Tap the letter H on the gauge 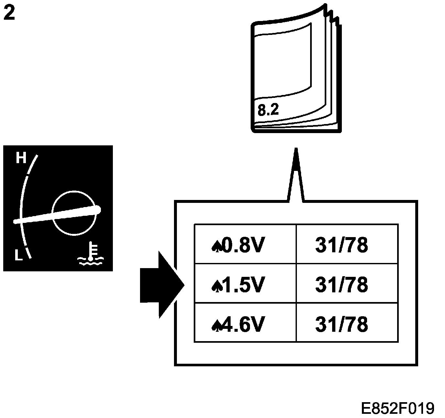click(21, 159)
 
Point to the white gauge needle click(58, 215)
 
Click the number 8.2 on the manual click(268, 110)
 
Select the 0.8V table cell click(245, 245)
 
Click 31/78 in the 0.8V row click(342, 245)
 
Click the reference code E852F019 click(397, 408)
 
